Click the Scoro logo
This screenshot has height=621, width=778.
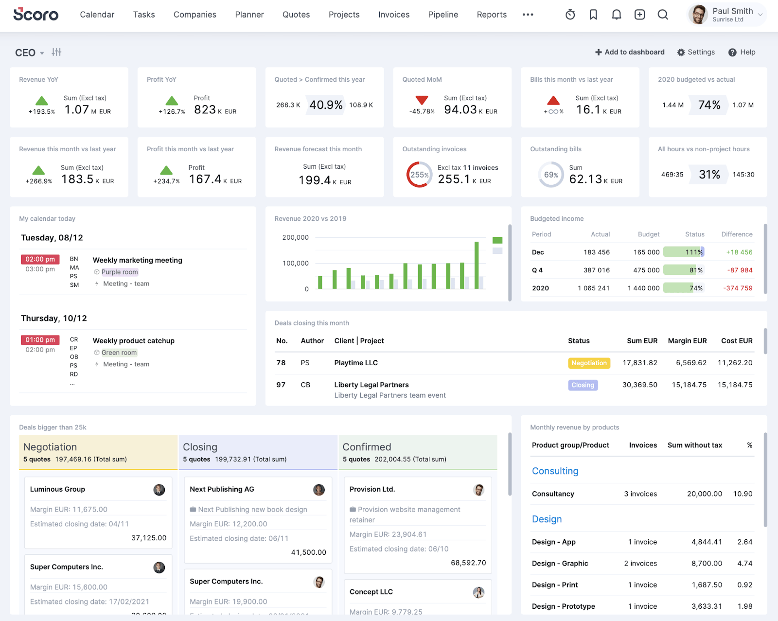pyautogui.click(x=35, y=14)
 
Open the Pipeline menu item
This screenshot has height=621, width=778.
pyautogui.click(x=443, y=15)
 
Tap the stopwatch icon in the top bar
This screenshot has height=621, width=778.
pyautogui.click(x=570, y=15)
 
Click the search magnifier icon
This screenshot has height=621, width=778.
pyautogui.click(x=663, y=15)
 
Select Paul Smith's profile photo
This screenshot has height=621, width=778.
pyautogui.click(x=698, y=15)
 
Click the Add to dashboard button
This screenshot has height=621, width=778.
pyautogui.click(x=630, y=52)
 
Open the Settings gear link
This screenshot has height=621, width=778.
pyautogui.click(x=696, y=52)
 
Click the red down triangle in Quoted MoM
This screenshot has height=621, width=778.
pyautogui.click(x=422, y=100)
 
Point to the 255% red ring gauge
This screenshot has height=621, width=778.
pyautogui.click(x=419, y=175)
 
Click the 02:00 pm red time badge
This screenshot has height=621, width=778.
pyautogui.click(x=40, y=259)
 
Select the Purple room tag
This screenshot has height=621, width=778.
pyautogui.click(x=120, y=272)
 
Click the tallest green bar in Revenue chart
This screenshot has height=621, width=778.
pyautogui.click(x=477, y=265)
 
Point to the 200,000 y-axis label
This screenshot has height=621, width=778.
pyautogui.click(x=296, y=237)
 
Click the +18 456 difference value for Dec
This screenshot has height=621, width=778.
pyautogui.click(x=739, y=252)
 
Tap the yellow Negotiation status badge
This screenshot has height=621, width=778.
pyautogui.click(x=589, y=363)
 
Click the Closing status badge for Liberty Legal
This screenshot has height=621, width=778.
pyautogui.click(x=583, y=385)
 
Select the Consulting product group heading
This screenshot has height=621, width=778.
pyautogui.click(x=555, y=471)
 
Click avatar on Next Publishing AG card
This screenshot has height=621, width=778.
pyautogui.click(x=319, y=490)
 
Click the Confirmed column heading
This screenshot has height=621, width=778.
pyautogui.click(x=367, y=447)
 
